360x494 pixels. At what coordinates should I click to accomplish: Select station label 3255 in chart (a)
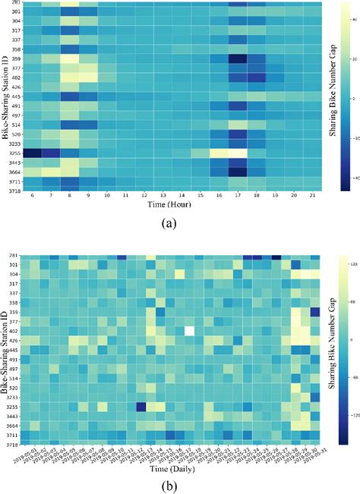(x=14, y=153)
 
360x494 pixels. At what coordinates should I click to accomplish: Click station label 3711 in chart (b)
(x=14, y=435)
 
